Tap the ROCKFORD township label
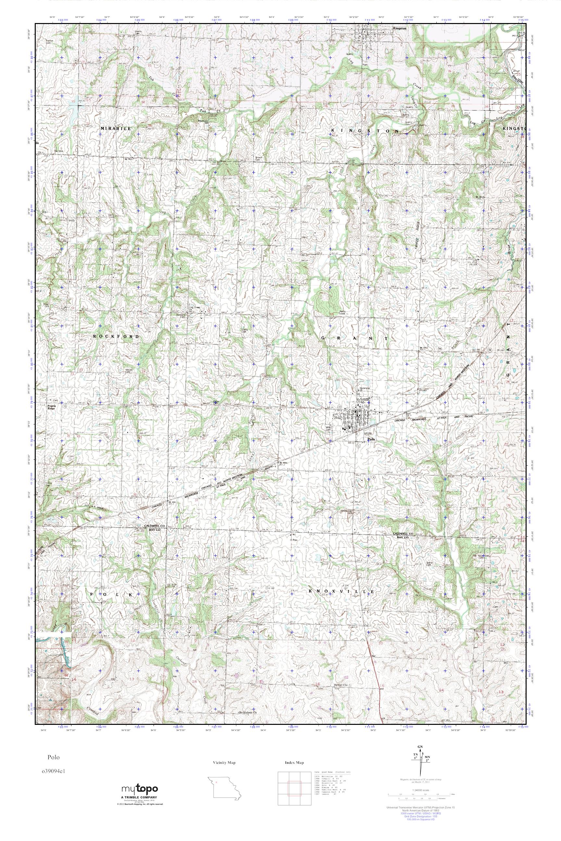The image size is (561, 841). [116, 336]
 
